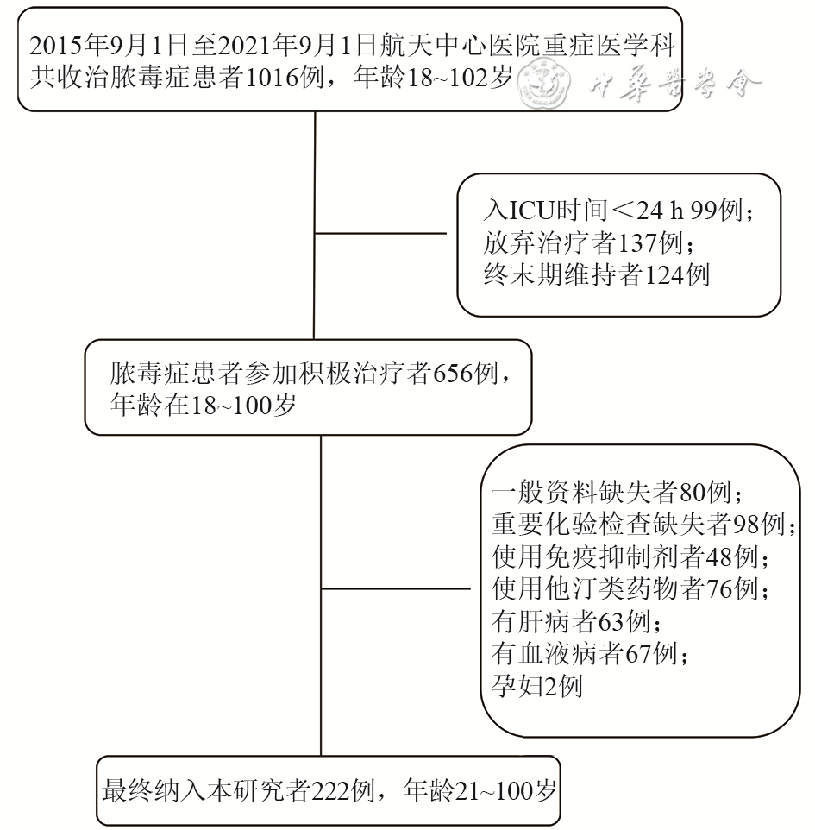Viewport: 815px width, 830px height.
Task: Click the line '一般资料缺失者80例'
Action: click(x=618, y=494)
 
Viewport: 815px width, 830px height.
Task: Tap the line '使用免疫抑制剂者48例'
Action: click(x=630, y=557)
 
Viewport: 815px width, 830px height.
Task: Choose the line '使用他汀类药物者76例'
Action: click(x=630, y=589)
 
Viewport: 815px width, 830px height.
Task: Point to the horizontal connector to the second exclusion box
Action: click(x=397, y=590)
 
